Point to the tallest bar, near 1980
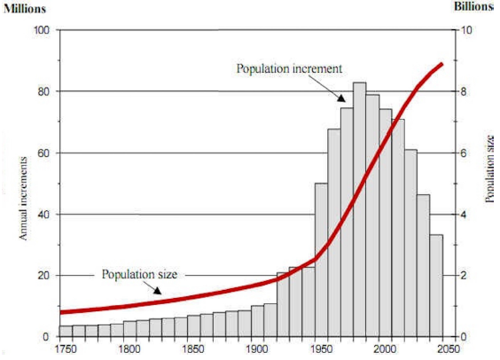(359, 209)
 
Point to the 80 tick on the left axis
(41, 91)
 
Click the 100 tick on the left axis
(38, 30)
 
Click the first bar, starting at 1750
(66, 331)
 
